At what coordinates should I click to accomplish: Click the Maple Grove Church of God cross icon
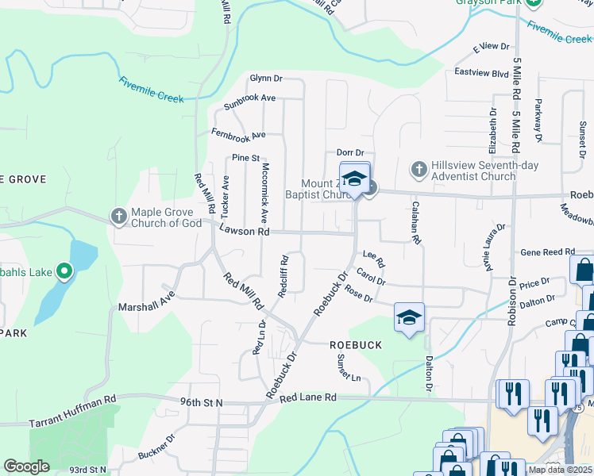(x=118, y=216)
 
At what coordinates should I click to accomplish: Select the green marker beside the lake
(x=64, y=274)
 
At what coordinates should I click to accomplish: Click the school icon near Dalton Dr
(x=409, y=318)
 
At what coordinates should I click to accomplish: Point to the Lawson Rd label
(x=245, y=232)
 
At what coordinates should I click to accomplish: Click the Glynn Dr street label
(x=266, y=79)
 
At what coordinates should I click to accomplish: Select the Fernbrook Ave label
(x=237, y=134)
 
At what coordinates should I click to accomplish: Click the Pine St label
(x=245, y=158)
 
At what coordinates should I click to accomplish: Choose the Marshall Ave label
(x=145, y=305)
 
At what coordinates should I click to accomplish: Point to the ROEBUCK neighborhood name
(x=357, y=345)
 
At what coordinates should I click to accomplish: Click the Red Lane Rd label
(x=308, y=397)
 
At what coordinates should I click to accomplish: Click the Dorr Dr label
(x=349, y=152)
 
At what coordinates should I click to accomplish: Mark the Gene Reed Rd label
(x=547, y=251)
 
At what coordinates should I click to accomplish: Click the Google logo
(x=26, y=466)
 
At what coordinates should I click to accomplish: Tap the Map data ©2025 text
(x=560, y=470)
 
